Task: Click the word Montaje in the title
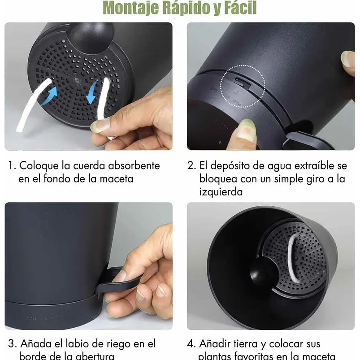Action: pos(130,8)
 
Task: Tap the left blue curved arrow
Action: pos(49,95)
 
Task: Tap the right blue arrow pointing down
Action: pos(92,92)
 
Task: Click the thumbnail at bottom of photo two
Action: pos(246,131)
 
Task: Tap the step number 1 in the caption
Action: pos(11,165)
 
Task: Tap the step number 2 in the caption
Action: pos(191,165)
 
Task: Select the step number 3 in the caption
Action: pos(11,344)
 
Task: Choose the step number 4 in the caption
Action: pos(191,344)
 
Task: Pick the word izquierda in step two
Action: pos(221,192)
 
